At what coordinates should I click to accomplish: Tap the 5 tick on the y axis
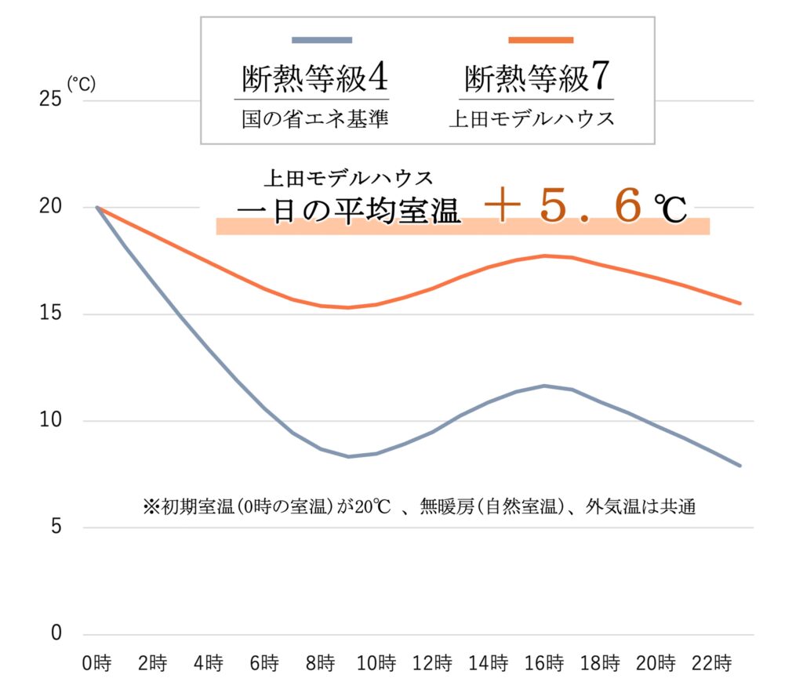(x=55, y=528)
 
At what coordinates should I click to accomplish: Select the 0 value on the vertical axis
(x=55, y=634)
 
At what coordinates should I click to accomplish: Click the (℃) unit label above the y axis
(x=82, y=84)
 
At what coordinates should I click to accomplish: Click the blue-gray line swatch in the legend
(x=322, y=39)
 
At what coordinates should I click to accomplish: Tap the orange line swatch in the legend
(x=541, y=39)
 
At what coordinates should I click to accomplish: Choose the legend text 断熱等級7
(x=537, y=78)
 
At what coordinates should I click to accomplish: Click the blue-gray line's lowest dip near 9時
(x=348, y=456)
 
